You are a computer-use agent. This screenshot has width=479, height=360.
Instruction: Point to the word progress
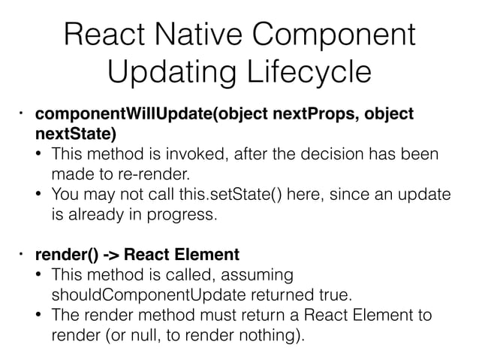[x=187, y=216]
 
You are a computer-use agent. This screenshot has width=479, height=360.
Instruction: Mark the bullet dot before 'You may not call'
[x=40, y=196]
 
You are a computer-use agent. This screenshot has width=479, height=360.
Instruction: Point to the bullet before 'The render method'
[x=40, y=314]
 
